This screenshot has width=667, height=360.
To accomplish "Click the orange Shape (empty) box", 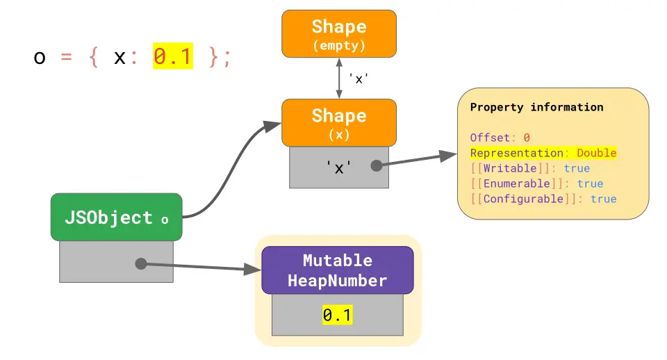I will (338, 33).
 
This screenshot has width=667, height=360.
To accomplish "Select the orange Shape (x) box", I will (338, 122).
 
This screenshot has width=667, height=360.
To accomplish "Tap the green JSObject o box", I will (116, 218).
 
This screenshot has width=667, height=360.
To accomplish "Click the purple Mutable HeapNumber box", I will (337, 270).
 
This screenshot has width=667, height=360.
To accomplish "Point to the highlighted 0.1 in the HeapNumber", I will (337, 316).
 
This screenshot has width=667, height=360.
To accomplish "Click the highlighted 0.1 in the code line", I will (172, 57).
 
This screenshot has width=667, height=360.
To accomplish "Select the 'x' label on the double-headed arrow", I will (358, 79).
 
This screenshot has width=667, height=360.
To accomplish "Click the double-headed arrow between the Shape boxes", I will (339, 78).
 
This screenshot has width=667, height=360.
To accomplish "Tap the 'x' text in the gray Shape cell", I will (338, 167).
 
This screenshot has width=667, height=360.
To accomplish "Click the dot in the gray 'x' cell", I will (377, 166).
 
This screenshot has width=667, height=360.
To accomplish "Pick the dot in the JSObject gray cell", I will (140, 263).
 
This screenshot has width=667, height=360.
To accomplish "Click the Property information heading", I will (536, 108).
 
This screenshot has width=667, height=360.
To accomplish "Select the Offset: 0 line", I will (500, 138).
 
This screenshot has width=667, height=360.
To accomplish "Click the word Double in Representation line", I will (596, 153).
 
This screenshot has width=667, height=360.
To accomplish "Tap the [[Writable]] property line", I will (529, 168).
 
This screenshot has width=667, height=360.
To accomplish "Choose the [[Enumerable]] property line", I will (536, 183).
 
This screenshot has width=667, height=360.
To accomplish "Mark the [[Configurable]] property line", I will (543, 199).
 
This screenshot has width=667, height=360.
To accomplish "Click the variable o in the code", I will (40, 58).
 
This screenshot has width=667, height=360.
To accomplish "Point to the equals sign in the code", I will (67, 58).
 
